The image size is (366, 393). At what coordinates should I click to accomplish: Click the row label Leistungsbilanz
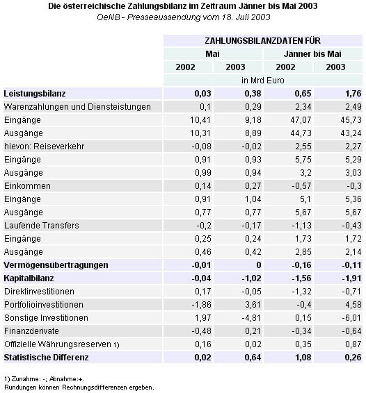click(35, 94)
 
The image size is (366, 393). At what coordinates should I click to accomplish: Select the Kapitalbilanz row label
click(29, 278)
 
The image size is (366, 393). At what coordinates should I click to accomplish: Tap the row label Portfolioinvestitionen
click(44, 305)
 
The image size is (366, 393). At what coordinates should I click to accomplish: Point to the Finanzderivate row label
click(31, 331)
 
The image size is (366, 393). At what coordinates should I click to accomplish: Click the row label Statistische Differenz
click(46, 358)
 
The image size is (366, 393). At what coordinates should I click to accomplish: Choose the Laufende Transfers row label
click(42, 226)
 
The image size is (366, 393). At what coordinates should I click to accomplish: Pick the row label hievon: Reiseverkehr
click(45, 147)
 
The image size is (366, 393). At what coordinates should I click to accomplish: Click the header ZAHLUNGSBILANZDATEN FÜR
click(262, 41)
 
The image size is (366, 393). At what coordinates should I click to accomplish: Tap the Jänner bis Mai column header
click(312, 54)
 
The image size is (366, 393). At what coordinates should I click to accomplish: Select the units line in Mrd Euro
click(263, 81)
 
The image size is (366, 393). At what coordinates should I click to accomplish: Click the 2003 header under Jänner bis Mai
click(335, 67)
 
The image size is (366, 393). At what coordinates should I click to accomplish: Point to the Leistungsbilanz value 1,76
click(353, 94)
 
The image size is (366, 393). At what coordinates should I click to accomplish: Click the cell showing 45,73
click(351, 120)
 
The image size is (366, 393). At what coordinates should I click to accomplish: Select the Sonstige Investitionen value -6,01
click(351, 318)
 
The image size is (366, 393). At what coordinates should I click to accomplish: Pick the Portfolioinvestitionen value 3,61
click(253, 305)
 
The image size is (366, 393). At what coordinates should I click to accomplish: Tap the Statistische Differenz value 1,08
click(303, 358)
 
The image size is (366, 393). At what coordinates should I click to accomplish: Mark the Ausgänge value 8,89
click(253, 133)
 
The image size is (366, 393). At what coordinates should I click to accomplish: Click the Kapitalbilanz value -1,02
click(251, 278)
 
